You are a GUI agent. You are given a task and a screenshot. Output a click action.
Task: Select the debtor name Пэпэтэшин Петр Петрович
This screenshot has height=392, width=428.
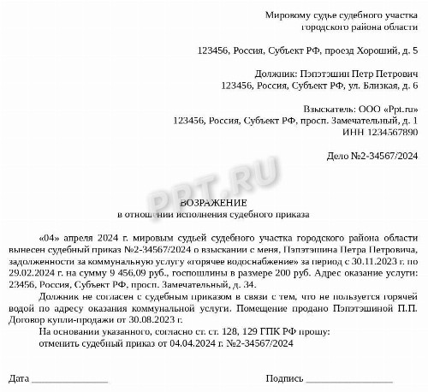tap(357, 74)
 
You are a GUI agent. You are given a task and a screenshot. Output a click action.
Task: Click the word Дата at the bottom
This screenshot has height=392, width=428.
tap(20, 377)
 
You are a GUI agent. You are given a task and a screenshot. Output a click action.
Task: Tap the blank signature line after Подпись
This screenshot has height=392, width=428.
tap(349, 379)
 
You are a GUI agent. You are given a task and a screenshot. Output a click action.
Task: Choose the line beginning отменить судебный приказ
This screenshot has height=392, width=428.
tap(167, 342)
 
